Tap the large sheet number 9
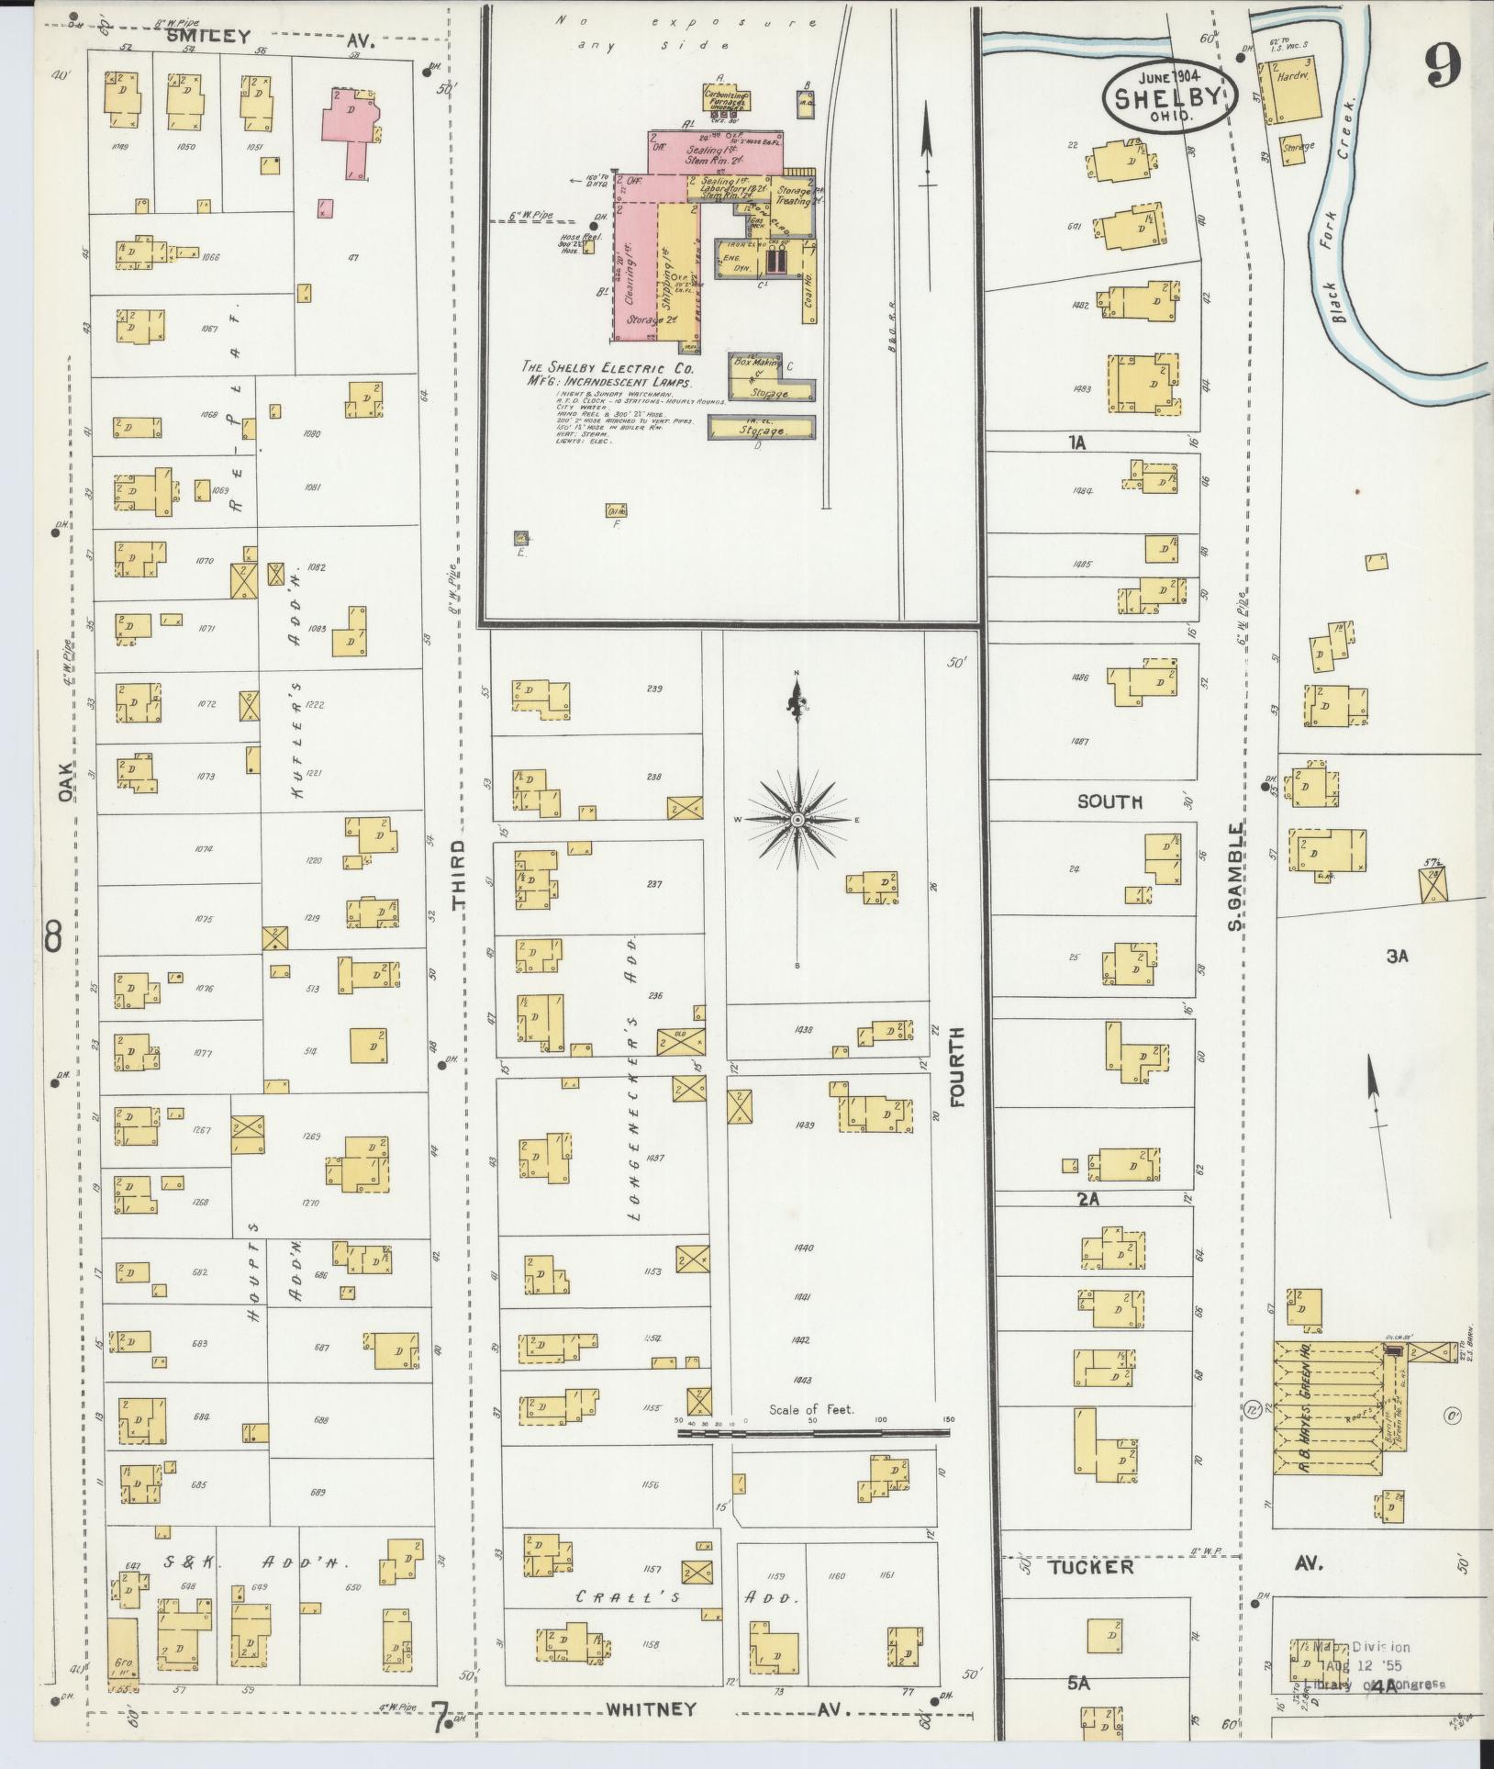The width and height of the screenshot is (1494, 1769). pos(1443,66)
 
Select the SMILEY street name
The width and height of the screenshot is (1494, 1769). pos(208,38)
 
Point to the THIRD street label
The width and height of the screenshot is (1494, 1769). pos(459,873)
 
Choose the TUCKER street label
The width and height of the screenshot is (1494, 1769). pos(1091,1567)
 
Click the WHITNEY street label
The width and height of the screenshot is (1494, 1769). pos(651,1708)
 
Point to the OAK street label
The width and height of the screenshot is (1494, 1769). pos(65,783)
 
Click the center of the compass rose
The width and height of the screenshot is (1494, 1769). pos(797,819)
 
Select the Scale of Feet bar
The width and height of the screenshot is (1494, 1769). pos(814,1431)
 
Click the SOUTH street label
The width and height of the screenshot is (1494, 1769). pos(1109,801)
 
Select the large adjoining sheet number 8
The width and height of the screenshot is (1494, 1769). pos(53,937)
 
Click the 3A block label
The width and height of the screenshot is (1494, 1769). pos(1397,957)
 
